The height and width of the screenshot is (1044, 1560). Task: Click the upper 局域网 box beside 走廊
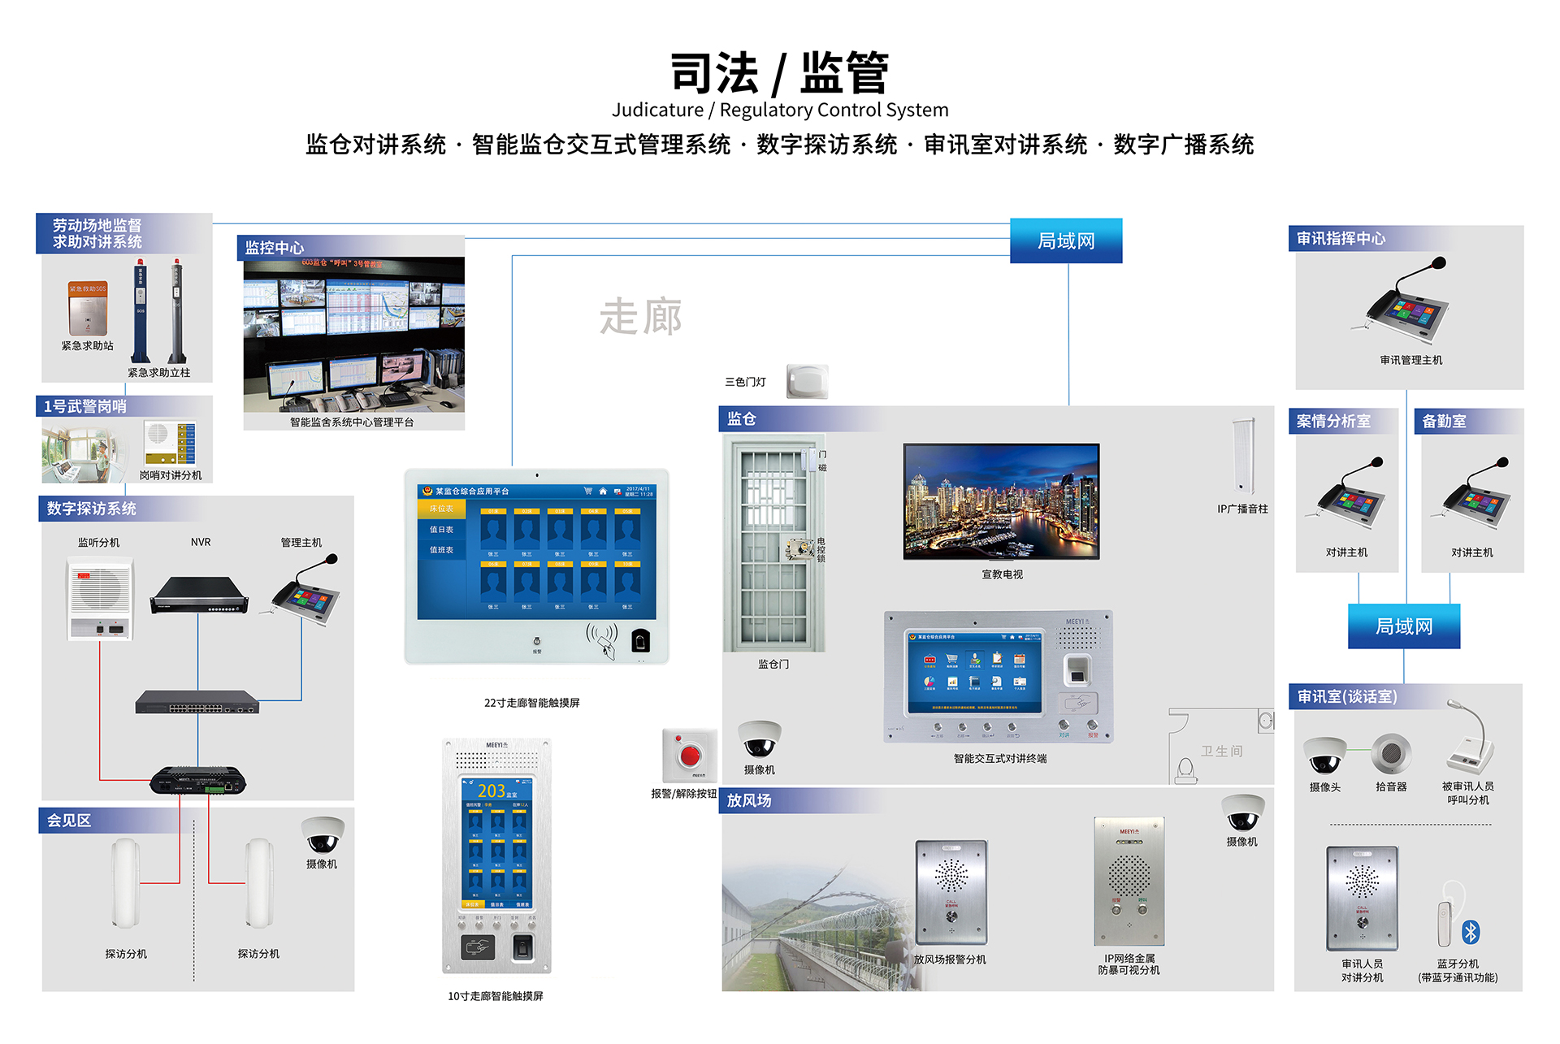click(1066, 240)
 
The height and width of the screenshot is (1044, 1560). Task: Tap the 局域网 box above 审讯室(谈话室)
click(1403, 626)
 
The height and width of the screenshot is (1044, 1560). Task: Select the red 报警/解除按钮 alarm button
click(690, 756)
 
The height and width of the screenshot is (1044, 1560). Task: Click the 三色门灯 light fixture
click(807, 381)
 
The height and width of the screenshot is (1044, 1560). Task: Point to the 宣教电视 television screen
click(1001, 500)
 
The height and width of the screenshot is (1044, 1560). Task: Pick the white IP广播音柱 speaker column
click(1243, 456)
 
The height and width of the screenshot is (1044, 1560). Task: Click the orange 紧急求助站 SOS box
click(88, 308)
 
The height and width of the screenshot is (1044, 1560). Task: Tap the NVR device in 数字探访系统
click(199, 596)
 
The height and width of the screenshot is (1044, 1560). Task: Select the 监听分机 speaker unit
click(100, 599)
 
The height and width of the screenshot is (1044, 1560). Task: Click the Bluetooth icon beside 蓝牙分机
click(1470, 932)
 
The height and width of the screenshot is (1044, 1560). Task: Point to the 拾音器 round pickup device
click(1390, 753)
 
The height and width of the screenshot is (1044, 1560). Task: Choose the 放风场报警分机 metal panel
click(951, 892)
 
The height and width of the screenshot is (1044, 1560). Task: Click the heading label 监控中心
click(275, 248)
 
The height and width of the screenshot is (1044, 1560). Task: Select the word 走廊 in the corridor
click(640, 317)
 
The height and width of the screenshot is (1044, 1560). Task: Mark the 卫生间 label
click(1221, 752)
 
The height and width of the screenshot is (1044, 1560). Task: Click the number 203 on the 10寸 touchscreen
click(491, 791)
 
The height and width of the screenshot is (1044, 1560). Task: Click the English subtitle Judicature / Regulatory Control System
click(780, 110)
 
